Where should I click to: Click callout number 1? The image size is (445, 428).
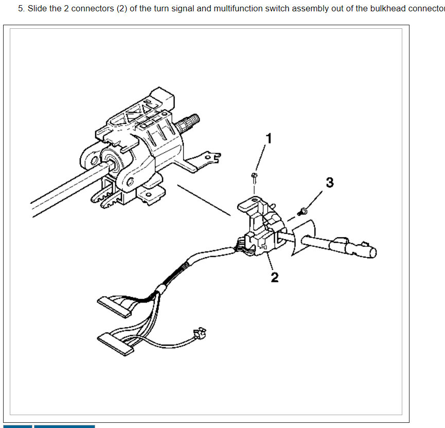[268, 138]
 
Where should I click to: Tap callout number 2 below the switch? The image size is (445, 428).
[275, 277]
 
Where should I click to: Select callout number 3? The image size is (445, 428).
[330, 183]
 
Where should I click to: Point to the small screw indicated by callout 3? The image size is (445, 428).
[302, 210]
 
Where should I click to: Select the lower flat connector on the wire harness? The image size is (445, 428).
[116, 343]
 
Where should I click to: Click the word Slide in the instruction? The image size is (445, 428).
[37, 9]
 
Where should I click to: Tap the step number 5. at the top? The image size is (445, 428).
[21, 9]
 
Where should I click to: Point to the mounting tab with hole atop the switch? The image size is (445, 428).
[247, 204]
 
